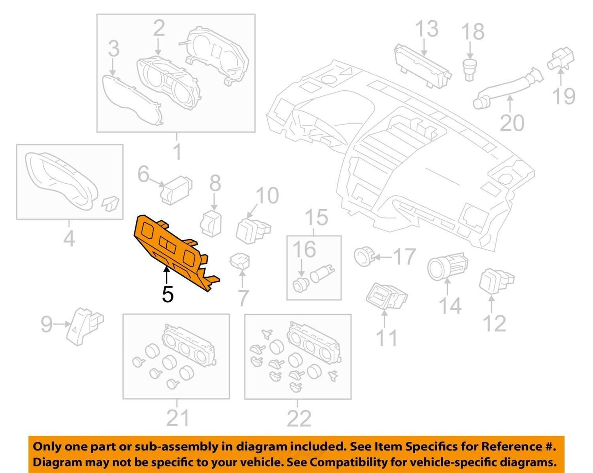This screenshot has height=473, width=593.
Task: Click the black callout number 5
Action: [168, 294]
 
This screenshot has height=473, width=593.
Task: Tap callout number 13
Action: [427, 29]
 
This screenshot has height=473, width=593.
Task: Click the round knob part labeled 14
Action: [447, 267]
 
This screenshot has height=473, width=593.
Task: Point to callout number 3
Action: [114, 48]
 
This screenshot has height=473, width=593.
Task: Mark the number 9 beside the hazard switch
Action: [46, 324]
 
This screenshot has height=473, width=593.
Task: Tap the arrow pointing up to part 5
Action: [166, 276]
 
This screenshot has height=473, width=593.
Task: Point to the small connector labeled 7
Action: [240, 260]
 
